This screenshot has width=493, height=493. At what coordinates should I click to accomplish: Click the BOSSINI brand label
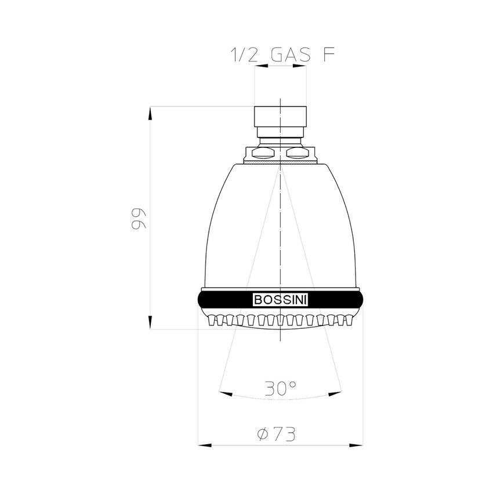tap(281, 300)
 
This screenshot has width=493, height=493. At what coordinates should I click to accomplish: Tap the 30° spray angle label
tap(281, 387)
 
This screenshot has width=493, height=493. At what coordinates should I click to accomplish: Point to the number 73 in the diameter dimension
tap(285, 433)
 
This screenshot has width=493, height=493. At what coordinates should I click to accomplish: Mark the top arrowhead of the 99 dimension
tap(150, 113)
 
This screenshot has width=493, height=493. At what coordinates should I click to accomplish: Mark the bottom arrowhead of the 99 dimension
tap(150, 322)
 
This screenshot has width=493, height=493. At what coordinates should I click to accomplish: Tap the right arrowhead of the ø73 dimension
tap(356, 445)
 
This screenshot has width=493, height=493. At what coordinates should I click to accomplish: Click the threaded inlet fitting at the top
tap(280, 120)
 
